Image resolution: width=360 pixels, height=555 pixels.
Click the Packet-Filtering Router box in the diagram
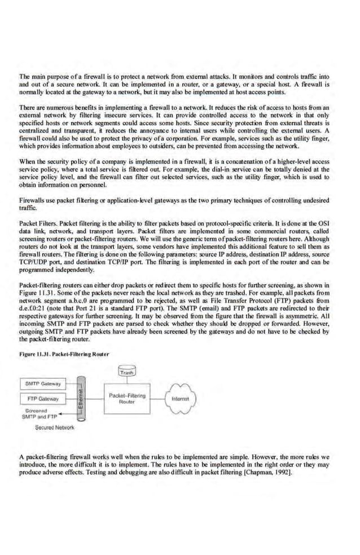coord(126,398)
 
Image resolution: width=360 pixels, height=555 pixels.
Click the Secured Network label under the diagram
coord(55,428)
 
